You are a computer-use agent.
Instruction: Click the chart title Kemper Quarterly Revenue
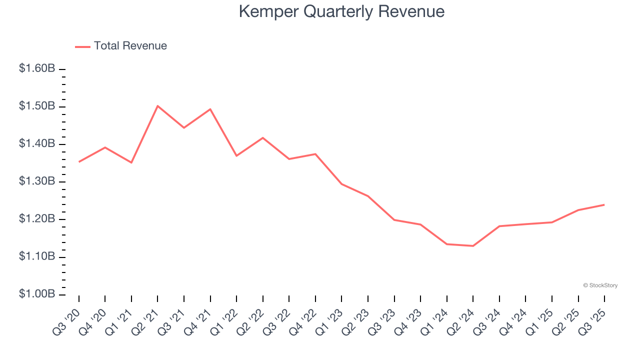(x=341, y=11)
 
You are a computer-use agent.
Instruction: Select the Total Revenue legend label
(x=130, y=46)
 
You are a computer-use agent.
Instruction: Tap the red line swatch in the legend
(x=82, y=46)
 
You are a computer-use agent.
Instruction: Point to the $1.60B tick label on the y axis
(x=37, y=68)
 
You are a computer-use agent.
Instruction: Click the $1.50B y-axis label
(x=37, y=106)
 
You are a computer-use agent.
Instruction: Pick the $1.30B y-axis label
(x=37, y=181)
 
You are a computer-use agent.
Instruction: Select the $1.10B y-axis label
(x=37, y=256)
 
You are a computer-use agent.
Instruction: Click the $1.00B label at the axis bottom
(x=37, y=294)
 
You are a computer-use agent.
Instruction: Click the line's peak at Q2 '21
(x=157, y=106)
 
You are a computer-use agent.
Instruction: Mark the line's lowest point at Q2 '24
(x=473, y=246)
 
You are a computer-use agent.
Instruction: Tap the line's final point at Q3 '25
(x=604, y=204)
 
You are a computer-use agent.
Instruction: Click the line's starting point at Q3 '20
(x=79, y=161)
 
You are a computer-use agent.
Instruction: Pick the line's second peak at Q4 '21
(x=210, y=109)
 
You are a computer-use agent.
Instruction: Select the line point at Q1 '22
(x=236, y=156)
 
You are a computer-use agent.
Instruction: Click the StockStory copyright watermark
(x=600, y=285)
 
